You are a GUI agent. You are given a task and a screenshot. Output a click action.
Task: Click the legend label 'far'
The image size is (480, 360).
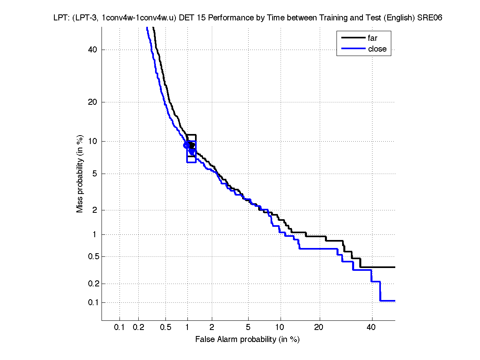click(372, 38)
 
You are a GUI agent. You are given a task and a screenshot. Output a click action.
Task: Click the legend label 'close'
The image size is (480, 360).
click(377, 49)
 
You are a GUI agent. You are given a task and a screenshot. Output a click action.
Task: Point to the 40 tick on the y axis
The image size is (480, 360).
click(93, 50)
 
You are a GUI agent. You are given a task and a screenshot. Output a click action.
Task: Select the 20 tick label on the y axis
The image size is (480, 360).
click(93, 102)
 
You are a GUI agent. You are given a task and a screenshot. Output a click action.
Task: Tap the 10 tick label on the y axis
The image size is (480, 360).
click(93, 141)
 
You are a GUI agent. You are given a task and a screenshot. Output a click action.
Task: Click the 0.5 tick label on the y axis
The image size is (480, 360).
click(91, 256)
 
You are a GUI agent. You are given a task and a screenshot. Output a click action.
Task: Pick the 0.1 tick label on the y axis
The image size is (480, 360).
click(91, 302)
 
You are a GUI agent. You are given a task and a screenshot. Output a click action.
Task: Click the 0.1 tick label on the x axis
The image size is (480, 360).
click(120, 328)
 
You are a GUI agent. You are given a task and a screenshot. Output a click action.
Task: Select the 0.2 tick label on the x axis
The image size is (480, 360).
click(139, 328)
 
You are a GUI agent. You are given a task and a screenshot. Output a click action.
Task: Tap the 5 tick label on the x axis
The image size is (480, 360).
click(248, 328)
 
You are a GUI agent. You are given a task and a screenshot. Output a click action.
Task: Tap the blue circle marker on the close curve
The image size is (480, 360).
click(187, 145)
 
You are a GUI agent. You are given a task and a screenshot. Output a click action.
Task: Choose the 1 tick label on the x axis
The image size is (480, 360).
click(187, 328)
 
